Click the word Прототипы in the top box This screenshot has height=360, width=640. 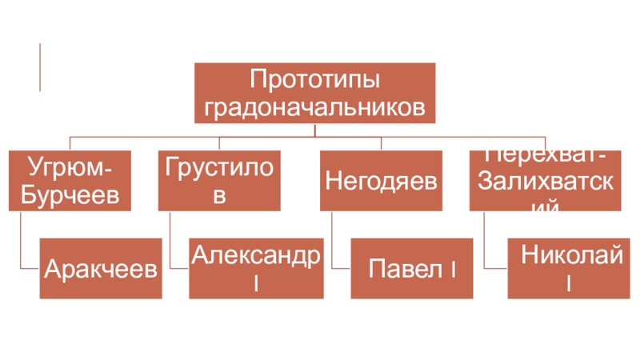point(314,80)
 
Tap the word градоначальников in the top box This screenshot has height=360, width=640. point(314,106)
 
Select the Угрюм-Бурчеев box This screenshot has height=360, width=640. point(70,180)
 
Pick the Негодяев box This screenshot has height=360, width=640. point(381,180)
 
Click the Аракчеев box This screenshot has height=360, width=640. point(100,268)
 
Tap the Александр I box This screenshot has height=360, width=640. point(256,268)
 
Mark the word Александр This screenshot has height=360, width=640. point(256,255)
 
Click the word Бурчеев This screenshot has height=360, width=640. point(70,194)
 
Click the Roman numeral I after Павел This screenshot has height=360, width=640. point(453,269)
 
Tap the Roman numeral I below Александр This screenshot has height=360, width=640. point(255,282)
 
